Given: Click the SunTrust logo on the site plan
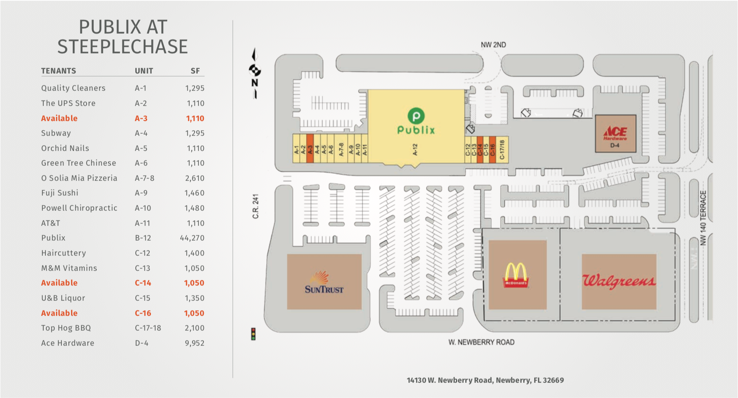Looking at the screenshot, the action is click(324, 283).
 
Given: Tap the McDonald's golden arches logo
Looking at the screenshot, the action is click(516, 275).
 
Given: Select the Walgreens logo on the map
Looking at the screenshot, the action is click(619, 281).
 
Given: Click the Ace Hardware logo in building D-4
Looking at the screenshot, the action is click(615, 133).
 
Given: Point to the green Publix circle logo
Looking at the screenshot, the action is click(416, 116).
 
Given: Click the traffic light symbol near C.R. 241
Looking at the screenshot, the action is click(253, 334).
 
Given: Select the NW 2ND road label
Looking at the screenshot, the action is click(493, 45).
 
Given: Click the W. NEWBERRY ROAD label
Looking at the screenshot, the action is click(481, 342).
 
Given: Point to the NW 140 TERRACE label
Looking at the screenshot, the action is click(703, 218).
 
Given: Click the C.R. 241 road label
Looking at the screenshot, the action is click(256, 206).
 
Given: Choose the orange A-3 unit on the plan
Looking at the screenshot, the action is click(310, 149).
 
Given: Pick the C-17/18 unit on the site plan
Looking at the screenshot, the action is click(502, 149).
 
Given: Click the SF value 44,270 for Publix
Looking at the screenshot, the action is click(192, 238).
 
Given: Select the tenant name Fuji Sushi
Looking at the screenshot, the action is click(60, 193).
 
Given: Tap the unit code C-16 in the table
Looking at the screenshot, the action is click(143, 313).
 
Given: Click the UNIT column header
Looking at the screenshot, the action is click(144, 71).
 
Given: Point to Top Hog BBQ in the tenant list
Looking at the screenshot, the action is click(66, 328).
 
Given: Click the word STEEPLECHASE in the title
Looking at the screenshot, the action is click(123, 47).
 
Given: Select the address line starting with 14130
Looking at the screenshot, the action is click(485, 380).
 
